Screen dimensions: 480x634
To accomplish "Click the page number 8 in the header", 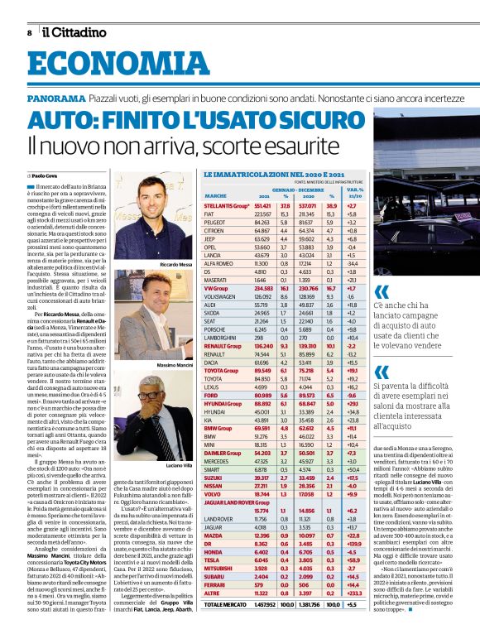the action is pyautogui.click(x=30, y=32).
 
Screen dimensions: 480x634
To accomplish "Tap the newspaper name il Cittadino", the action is pyautogui.click(x=75, y=32).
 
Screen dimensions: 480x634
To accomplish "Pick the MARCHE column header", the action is pyautogui.click(x=215, y=195).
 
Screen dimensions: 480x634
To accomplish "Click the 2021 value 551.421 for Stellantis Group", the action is pyautogui.click(x=263, y=204).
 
